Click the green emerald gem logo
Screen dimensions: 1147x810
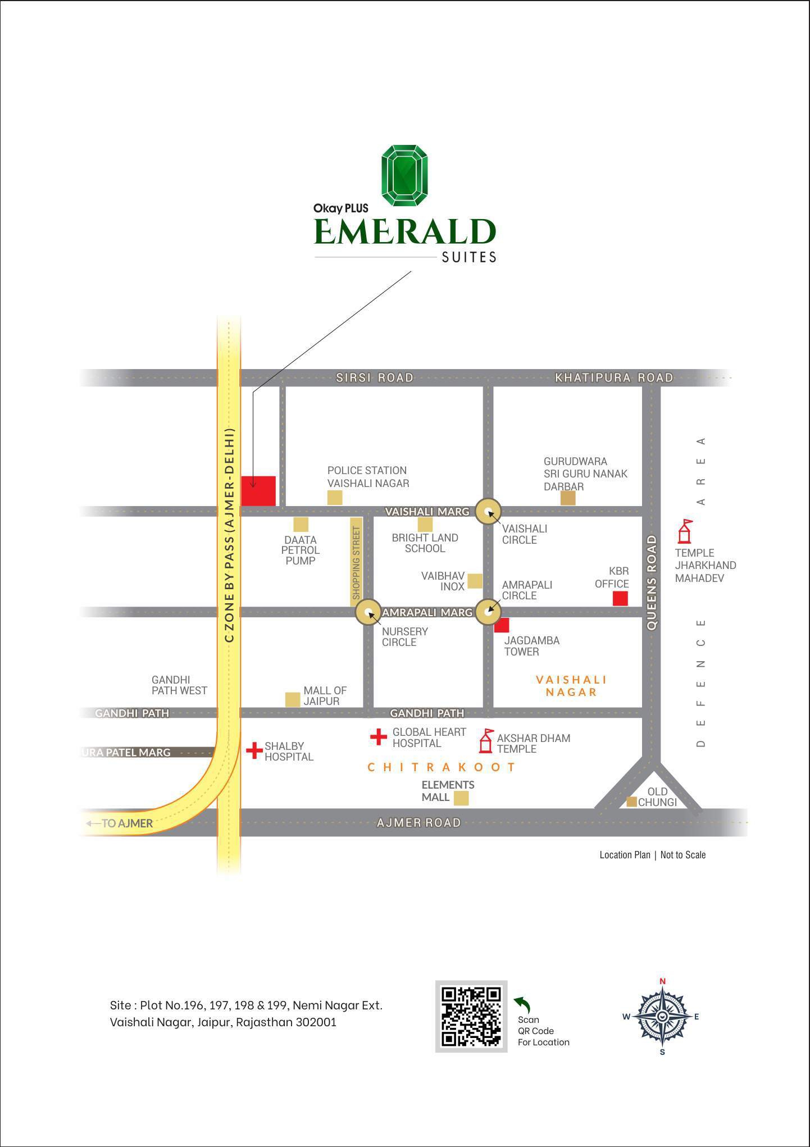tap(404, 175)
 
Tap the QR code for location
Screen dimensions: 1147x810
tap(471, 1016)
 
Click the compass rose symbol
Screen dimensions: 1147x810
tap(662, 1016)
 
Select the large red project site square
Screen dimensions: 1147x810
tap(258, 491)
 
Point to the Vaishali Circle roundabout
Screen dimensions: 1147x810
tap(488, 512)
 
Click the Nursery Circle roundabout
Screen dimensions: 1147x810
tap(368, 612)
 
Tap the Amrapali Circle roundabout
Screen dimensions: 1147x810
tap(488, 612)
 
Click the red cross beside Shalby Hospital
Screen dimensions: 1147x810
tap(254, 750)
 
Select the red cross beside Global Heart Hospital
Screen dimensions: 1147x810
tap(379, 737)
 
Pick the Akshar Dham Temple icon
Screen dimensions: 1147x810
tap(486, 741)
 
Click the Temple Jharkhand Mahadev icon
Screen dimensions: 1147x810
tap(685, 531)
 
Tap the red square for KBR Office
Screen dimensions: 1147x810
tap(620, 598)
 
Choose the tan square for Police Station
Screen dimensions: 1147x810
tap(335, 497)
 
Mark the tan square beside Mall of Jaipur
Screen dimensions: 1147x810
tap(293, 699)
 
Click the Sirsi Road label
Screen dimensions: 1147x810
tap(375, 377)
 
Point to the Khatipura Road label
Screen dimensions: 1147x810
tap(614, 377)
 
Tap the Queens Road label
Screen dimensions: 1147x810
tap(652, 582)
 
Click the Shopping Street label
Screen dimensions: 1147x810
tap(356, 562)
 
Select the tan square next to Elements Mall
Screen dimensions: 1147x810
tap(461, 798)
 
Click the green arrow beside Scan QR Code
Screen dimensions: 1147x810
tap(523, 1004)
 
